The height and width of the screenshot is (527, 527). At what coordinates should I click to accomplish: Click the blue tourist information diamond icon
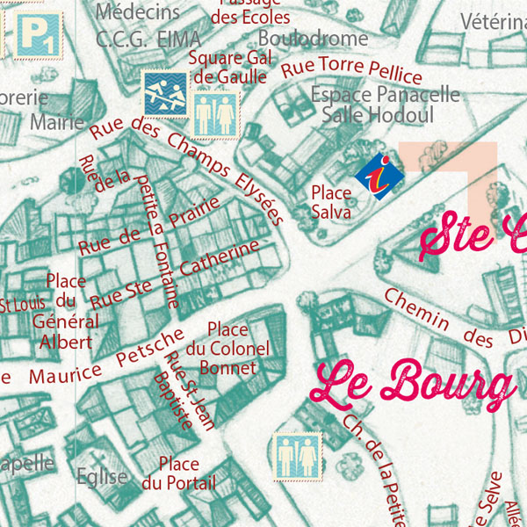(379, 176)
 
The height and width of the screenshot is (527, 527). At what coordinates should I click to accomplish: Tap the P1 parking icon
(38, 34)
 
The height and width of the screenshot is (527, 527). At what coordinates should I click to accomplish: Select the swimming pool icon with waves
(164, 93)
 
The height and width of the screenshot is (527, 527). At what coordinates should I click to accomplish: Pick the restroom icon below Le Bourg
(296, 457)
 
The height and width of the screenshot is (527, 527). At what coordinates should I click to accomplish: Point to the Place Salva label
(331, 202)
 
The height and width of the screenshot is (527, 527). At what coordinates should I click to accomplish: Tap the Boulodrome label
(313, 39)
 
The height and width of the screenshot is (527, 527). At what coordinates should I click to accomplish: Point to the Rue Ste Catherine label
(176, 272)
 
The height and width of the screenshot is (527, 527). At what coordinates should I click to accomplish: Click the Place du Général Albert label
(66, 312)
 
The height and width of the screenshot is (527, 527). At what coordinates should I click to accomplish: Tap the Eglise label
(101, 477)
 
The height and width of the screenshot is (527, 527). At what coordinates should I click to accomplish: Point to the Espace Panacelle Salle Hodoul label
(385, 104)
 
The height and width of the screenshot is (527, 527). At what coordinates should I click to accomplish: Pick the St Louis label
(18, 305)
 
